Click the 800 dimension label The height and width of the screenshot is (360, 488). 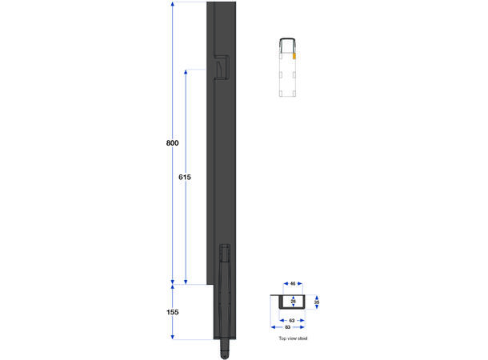[172, 142]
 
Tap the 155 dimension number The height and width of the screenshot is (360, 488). [172, 313]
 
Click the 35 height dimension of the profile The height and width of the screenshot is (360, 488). [317, 302]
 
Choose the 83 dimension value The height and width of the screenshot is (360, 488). [287, 328]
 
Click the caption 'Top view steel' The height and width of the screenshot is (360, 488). [293, 339]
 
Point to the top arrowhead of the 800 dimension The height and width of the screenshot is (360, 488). [172, 5]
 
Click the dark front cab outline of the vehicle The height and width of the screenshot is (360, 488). [287, 42]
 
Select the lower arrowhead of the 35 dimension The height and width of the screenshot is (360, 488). [317, 309]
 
